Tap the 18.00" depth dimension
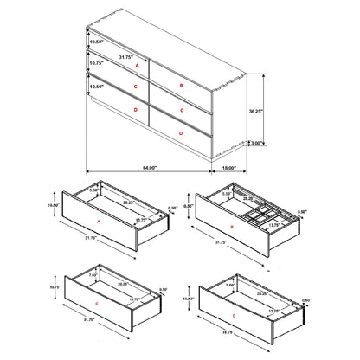[x=231, y=167]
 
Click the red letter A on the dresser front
[x=137, y=64]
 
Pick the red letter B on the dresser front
[x=181, y=87]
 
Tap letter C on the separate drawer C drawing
[x=98, y=305]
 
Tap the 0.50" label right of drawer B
[x=301, y=212]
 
